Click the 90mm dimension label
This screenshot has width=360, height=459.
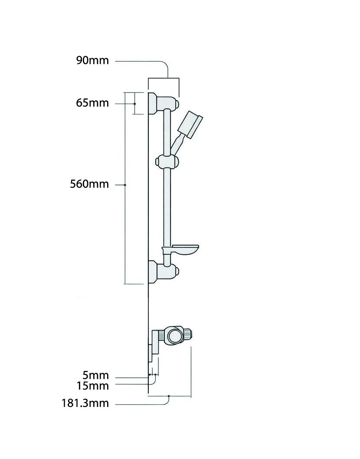[92, 60]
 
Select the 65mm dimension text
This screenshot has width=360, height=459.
[92, 103]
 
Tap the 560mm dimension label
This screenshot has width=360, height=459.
[89, 184]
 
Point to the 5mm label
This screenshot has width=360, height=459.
[95, 375]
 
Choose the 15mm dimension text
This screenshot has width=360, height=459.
[93, 386]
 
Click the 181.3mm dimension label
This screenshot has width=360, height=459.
[85, 403]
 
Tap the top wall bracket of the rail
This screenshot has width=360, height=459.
[164, 103]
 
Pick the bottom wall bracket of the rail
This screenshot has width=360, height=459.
[164, 272]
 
